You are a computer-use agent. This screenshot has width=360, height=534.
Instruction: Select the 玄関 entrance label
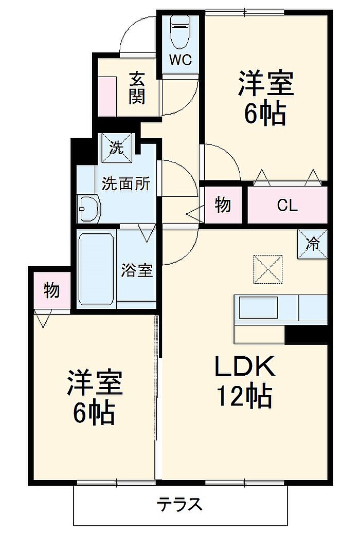136,88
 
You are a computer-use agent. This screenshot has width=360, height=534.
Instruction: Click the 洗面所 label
125,183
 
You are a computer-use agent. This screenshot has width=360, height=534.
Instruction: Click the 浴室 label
137,270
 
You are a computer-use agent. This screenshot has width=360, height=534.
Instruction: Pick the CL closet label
287,206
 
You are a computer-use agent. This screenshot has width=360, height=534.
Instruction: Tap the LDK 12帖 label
245,381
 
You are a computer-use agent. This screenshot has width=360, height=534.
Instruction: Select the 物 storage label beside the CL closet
223,205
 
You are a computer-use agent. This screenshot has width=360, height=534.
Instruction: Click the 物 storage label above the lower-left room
51,291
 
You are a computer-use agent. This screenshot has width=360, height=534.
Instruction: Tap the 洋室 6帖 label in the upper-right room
265,98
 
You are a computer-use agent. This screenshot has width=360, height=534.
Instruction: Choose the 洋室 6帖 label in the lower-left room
94,396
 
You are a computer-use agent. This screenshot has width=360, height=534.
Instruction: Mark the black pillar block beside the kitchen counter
307,334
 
